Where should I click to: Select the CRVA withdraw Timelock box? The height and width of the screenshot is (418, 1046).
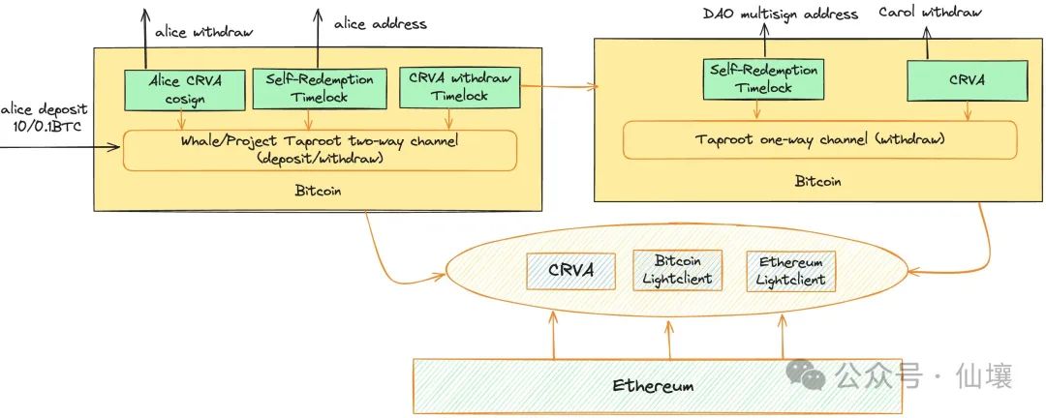point(461,88)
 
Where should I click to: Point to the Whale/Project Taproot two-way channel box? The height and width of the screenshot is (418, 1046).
point(321,151)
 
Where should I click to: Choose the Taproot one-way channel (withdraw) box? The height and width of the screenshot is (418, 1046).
point(819,139)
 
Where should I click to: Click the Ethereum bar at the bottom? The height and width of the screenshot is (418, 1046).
point(653,384)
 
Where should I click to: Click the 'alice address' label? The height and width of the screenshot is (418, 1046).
point(381,23)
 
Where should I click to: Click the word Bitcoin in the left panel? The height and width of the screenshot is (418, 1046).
point(318,191)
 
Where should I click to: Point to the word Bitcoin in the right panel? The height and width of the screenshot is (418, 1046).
point(819,181)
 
